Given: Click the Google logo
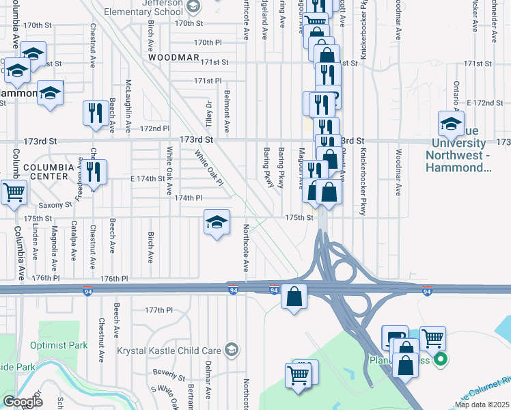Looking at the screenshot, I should click(23, 402).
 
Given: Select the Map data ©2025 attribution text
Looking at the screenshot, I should click(481, 405).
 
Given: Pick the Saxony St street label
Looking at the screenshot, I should click(55, 204).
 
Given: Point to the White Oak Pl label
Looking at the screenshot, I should click(208, 167).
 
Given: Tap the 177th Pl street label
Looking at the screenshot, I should click(158, 310).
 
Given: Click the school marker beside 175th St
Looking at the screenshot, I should click(217, 222).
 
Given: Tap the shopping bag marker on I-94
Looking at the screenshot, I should click(294, 297).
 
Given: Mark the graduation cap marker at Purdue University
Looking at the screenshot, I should click(452, 123).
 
